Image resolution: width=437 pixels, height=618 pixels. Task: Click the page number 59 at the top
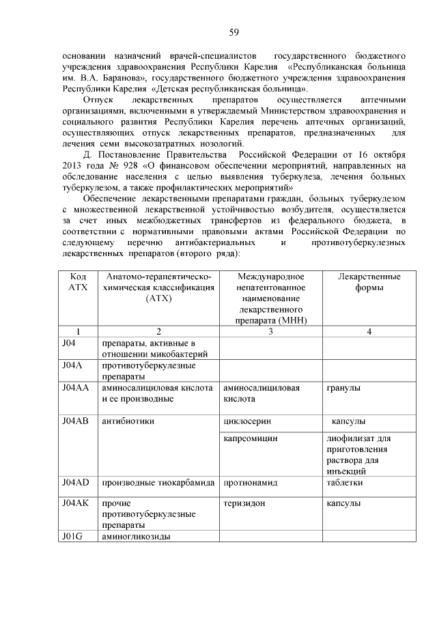[x=233, y=32]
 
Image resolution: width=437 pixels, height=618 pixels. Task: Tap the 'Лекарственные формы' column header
[x=369, y=282]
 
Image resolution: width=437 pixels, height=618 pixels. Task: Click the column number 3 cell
[x=270, y=331]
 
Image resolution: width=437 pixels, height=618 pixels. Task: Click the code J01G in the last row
[x=72, y=536]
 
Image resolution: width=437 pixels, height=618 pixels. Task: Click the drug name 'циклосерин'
[x=245, y=421]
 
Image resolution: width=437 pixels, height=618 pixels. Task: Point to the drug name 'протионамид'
[x=251, y=482]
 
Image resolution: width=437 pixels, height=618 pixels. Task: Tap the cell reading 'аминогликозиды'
[x=136, y=536]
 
